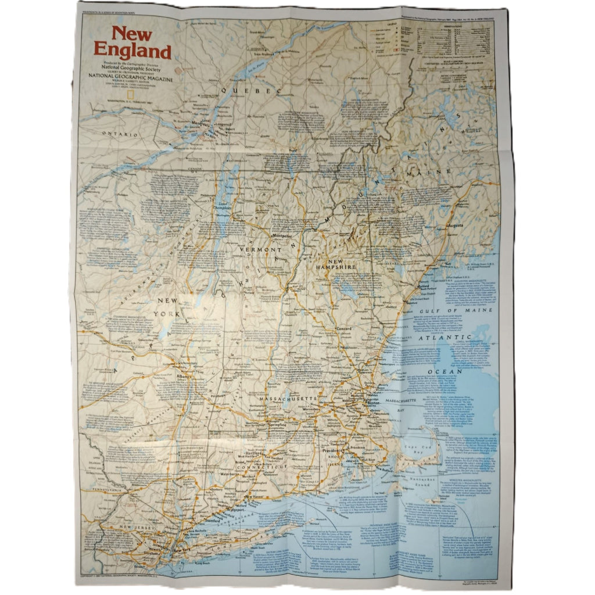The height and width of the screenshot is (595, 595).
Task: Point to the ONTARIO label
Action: click(x=120, y=134)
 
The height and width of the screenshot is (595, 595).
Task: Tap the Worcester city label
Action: click(x=313, y=410)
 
